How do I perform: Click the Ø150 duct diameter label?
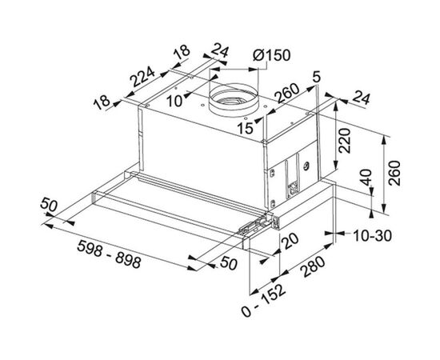pyautogui.click(x=271, y=55)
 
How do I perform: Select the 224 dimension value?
pyautogui.click(x=143, y=77)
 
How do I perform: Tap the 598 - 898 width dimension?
pyautogui.click(x=109, y=254)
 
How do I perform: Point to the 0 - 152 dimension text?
pyautogui.click(x=263, y=301)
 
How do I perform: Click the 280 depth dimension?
pyautogui.click(x=312, y=266)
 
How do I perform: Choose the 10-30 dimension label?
pyautogui.click(x=372, y=236)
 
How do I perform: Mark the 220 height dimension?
pyautogui.click(x=345, y=140)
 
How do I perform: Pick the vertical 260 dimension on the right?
pyautogui.click(x=394, y=173)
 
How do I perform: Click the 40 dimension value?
pyautogui.click(x=366, y=178)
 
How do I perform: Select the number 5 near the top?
pyautogui.click(x=317, y=78)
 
